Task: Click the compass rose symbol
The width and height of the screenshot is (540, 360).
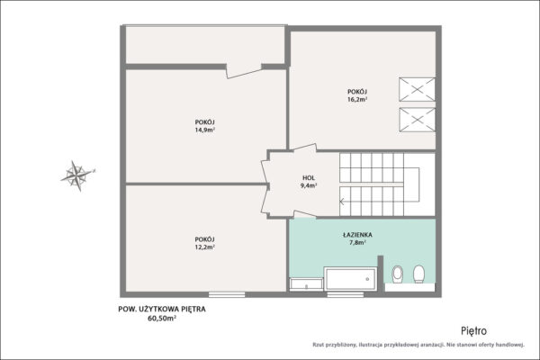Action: (x=77, y=175)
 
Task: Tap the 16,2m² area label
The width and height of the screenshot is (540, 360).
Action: (x=357, y=100)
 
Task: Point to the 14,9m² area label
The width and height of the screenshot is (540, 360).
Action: (x=205, y=130)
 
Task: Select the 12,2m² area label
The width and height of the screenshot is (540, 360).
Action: (x=205, y=247)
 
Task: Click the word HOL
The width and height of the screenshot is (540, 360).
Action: (x=309, y=178)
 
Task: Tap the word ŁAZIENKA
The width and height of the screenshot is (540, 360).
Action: (x=357, y=235)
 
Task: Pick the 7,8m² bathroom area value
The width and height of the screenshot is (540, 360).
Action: (x=357, y=242)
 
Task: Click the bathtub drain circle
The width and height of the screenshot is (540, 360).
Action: (x=367, y=279)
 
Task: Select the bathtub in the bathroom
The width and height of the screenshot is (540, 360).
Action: (x=351, y=279)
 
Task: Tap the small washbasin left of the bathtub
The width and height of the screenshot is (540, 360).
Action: (x=306, y=284)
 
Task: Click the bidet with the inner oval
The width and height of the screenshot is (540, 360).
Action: (x=398, y=274)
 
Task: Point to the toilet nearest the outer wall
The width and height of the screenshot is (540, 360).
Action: (x=418, y=274)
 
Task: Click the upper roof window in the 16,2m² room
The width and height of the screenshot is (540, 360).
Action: (x=417, y=90)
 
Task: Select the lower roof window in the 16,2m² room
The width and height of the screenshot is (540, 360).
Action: (x=417, y=120)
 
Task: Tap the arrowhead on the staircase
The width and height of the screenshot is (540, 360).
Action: (x=342, y=202)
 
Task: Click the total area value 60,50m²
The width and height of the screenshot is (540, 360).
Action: (x=162, y=319)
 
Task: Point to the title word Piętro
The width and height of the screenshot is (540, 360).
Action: (x=474, y=331)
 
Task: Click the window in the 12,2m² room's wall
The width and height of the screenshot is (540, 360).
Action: (x=227, y=294)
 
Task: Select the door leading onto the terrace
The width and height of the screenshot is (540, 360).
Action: (x=244, y=71)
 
